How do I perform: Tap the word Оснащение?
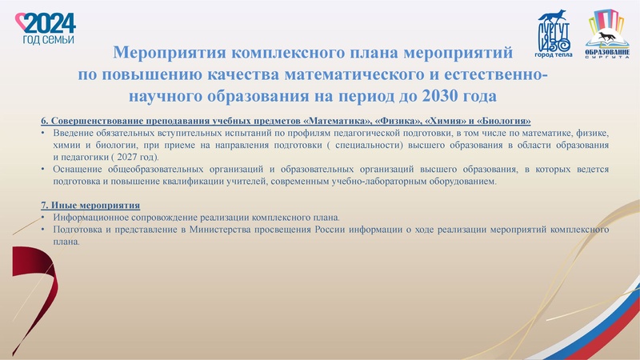(78, 170)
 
